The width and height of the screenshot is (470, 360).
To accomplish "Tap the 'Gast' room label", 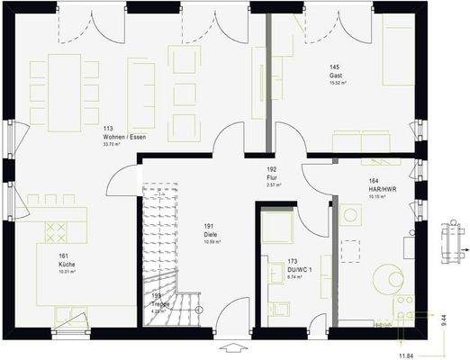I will tap(335, 76).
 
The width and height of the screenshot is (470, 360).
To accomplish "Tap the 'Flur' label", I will tap(271, 177).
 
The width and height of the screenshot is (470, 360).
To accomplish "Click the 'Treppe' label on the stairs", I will tap(160, 303).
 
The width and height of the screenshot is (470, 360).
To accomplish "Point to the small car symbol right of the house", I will tap(448, 241).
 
